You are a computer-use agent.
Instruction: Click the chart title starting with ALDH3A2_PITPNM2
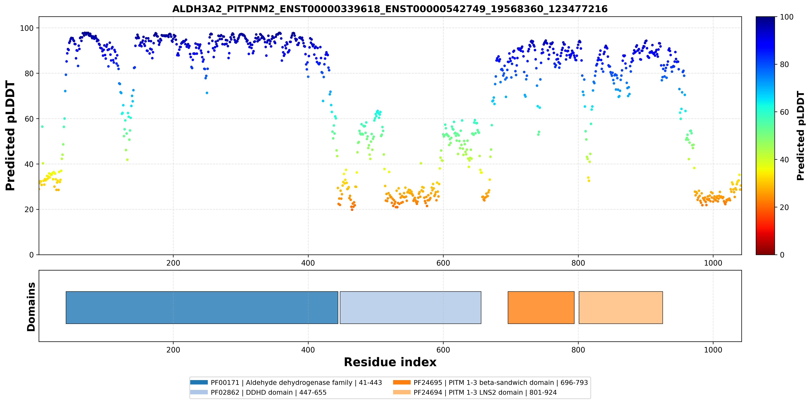pos(390,9)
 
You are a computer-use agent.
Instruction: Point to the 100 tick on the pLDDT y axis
pos(27,28)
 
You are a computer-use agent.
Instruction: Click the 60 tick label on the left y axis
pos(29,119)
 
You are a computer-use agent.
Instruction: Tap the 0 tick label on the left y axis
pos(31,255)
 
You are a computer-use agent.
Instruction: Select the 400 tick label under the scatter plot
pos(308,263)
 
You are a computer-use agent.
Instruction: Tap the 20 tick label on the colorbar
pos(784,207)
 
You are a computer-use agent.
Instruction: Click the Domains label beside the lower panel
pos(31,307)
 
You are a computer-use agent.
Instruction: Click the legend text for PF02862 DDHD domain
pos(269,392)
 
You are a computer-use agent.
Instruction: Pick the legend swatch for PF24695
pos(402,382)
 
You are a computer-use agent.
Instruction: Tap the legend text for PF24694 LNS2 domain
pos(485,392)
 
